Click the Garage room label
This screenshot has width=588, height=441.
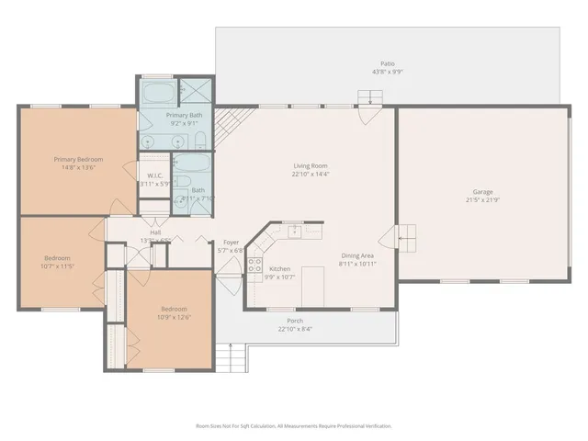[481, 191]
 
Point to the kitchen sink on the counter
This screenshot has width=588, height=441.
[291, 230]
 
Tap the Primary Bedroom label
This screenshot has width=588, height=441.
[77, 160]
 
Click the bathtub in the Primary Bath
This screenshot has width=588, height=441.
[156, 92]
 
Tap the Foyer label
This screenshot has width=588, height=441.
[231, 243]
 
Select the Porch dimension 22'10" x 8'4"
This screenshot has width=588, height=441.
[295, 329]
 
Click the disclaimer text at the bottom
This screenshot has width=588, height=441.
[294, 426]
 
